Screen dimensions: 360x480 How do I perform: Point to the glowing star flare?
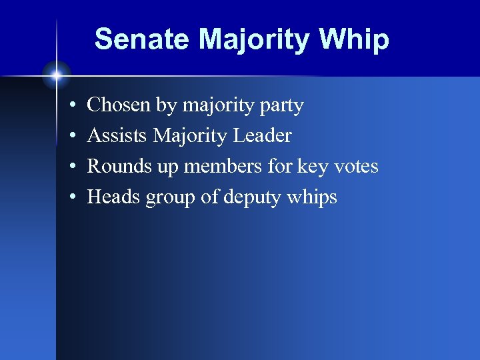57,74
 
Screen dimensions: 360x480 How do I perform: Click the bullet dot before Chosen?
71,106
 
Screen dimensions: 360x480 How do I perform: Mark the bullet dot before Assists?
71,137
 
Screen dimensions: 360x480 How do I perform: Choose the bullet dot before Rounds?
71,167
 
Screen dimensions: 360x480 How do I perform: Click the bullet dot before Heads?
71,198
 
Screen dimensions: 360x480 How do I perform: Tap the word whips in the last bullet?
313,198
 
